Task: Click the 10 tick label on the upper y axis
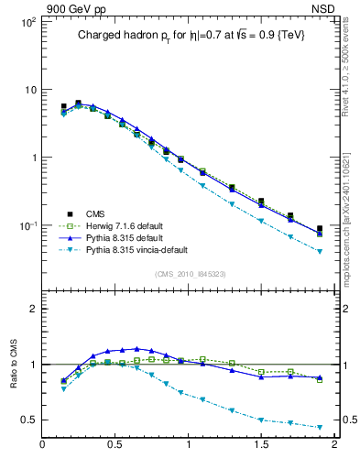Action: point(29,90)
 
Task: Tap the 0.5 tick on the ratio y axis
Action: point(28,420)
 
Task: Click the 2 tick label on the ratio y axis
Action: point(33,309)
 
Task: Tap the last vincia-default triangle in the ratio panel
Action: point(320,428)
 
